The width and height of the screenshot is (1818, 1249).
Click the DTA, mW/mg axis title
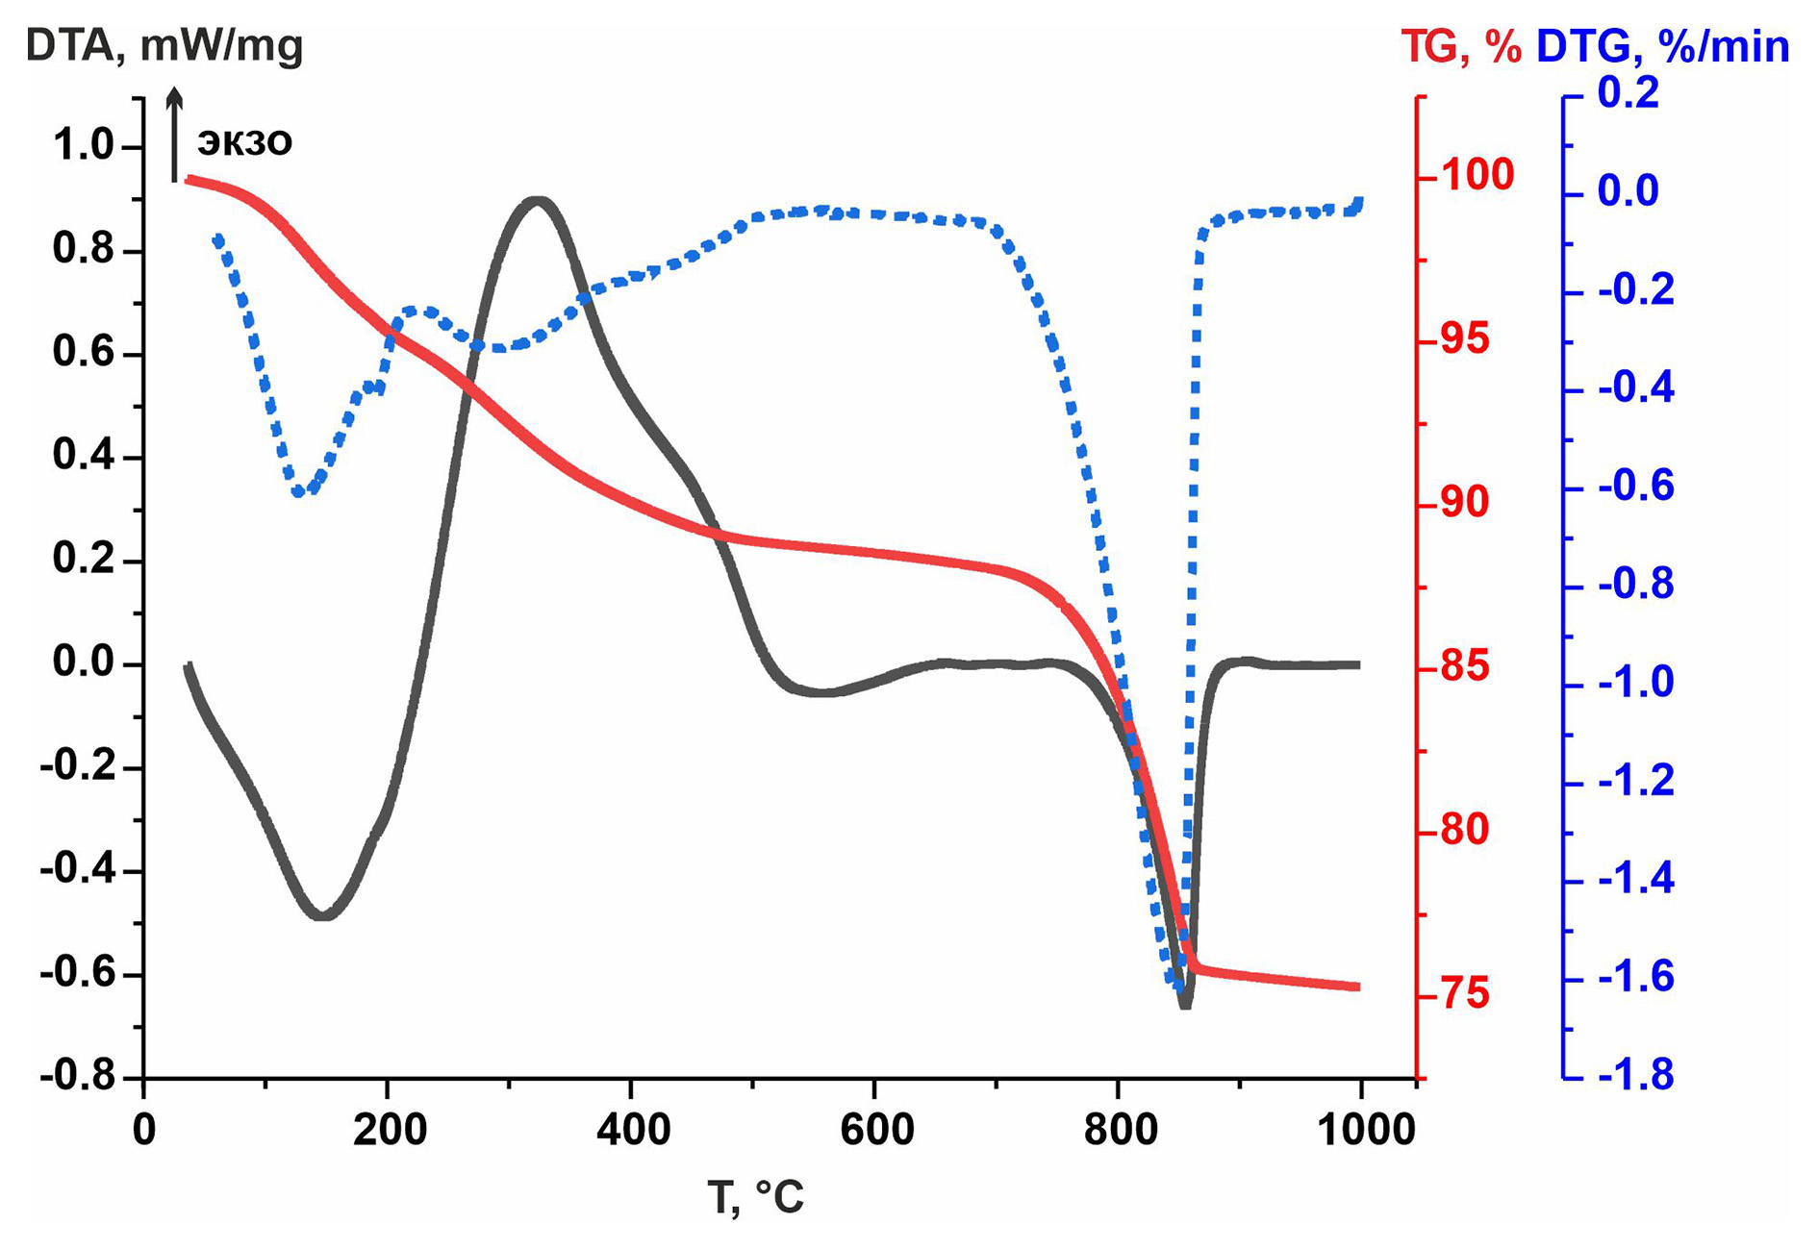[164, 46]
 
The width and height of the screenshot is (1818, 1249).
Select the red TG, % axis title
[1459, 46]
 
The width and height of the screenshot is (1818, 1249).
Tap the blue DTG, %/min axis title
[1662, 46]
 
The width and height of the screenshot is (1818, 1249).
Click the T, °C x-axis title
[755, 1197]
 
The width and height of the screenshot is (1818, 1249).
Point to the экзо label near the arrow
[244, 141]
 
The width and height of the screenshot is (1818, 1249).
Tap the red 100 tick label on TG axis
[1477, 176]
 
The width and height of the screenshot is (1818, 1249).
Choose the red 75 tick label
[1465, 994]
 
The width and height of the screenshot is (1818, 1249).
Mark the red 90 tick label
[1465, 503]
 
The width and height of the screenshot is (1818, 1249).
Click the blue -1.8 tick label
[1635, 1075]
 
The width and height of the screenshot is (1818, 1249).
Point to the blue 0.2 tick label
[1629, 94]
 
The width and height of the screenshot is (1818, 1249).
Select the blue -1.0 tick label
[1635, 683]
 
